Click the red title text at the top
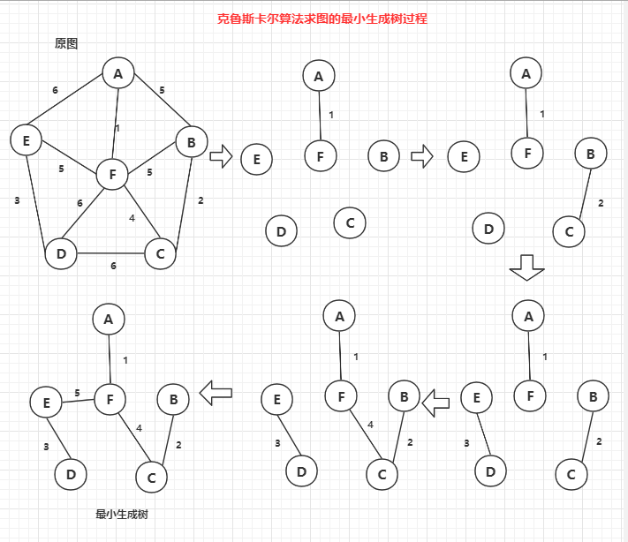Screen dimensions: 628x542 (322, 18)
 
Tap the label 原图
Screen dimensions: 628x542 (67, 43)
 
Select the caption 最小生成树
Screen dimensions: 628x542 (122, 514)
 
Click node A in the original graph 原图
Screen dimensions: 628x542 (117, 73)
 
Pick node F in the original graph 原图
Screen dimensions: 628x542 (112, 175)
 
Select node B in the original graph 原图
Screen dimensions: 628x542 (191, 142)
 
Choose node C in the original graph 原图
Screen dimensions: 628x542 (160, 254)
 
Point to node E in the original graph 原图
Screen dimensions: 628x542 (26, 140)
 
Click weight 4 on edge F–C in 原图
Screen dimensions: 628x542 (132, 217)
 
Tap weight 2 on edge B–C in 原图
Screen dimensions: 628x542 (201, 200)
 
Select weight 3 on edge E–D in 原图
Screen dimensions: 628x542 (17, 200)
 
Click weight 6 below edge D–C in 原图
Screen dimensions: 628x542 (113, 266)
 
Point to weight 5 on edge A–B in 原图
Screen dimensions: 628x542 (162, 90)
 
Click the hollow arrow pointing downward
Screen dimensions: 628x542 (528, 267)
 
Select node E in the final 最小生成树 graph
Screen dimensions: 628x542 (45, 403)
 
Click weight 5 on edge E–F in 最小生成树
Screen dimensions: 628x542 (77, 393)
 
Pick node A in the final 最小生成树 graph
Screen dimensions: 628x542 (109, 319)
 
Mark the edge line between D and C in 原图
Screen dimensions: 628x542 (110, 254)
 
